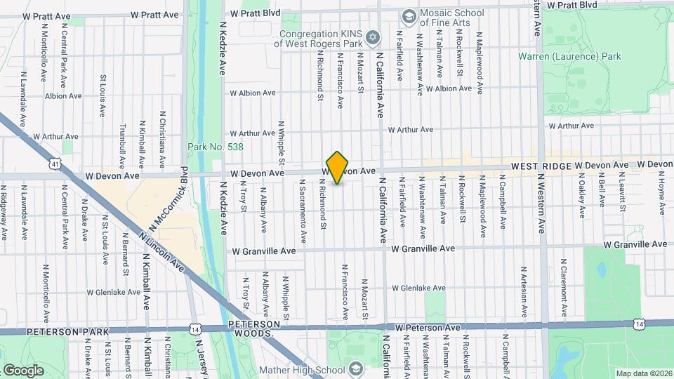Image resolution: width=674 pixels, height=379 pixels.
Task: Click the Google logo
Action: [x=23, y=370]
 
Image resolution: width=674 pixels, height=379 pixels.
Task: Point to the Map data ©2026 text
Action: [x=643, y=373]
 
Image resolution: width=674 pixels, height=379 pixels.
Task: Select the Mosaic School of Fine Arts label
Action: [x=451, y=18]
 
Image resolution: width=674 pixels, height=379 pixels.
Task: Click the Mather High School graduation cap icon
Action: [x=356, y=368]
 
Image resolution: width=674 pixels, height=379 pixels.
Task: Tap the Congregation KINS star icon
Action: [x=374, y=36]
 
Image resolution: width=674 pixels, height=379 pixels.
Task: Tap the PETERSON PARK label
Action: [x=67, y=331]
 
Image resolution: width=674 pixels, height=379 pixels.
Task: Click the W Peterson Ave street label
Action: [x=428, y=328]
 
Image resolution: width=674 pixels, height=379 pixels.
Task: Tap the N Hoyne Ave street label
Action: [x=662, y=190]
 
